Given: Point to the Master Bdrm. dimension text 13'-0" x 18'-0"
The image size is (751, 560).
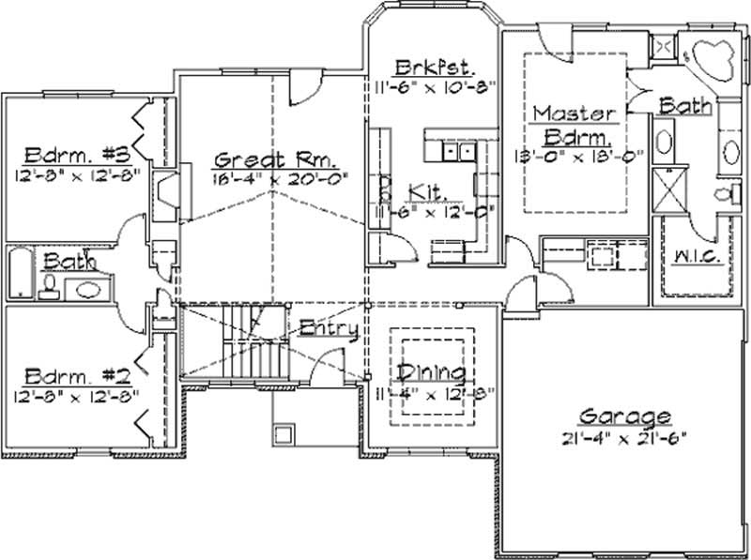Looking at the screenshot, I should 576,156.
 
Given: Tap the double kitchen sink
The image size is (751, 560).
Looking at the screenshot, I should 459,150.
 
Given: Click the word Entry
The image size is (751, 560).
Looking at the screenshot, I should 328,328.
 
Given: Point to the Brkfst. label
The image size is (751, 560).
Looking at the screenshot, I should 434,68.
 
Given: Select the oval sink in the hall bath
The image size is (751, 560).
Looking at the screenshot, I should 89,289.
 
